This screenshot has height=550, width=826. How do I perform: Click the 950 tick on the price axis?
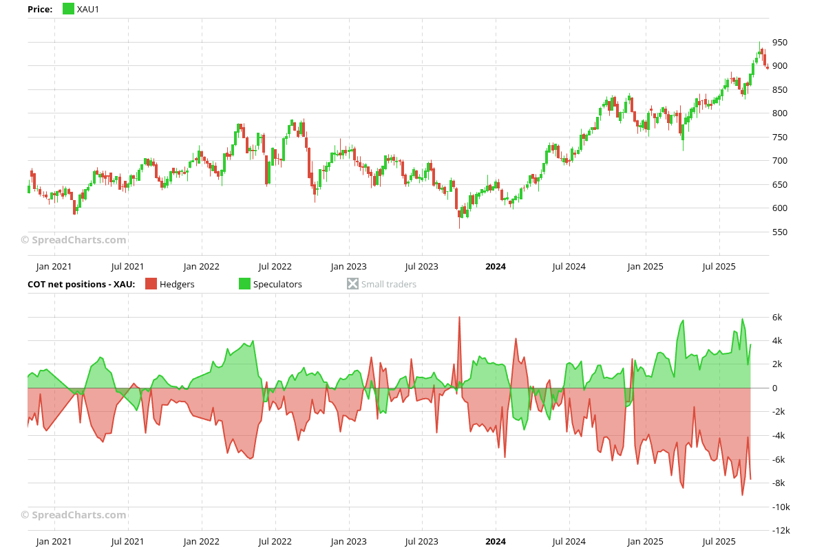coord(780,43)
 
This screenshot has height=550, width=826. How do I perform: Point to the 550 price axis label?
coord(780,232)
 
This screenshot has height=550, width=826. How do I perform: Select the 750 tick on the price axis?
coord(780,137)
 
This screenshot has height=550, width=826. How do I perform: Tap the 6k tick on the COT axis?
coord(777,318)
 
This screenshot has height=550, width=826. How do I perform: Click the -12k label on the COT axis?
coord(781,531)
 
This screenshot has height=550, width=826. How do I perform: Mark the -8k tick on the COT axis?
coord(779,483)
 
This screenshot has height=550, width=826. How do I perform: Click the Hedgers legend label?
coord(177,284)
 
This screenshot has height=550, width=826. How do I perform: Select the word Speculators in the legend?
coord(277,284)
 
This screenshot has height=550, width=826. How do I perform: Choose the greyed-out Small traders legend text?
coord(389,284)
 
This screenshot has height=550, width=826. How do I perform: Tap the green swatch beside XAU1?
coord(68,9)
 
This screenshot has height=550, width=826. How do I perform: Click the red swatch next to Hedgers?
coord(151,284)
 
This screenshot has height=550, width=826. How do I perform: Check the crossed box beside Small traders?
coord(353,284)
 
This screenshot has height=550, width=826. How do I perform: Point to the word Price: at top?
coord(40,9)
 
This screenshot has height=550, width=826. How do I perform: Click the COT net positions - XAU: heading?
coord(81,284)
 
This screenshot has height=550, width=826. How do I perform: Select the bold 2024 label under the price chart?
coord(496,267)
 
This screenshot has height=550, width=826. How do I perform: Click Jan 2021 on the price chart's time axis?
coord(54,267)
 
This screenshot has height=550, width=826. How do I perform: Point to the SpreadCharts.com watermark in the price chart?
coord(74,240)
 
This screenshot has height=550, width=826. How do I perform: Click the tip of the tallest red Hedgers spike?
coord(459,318)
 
